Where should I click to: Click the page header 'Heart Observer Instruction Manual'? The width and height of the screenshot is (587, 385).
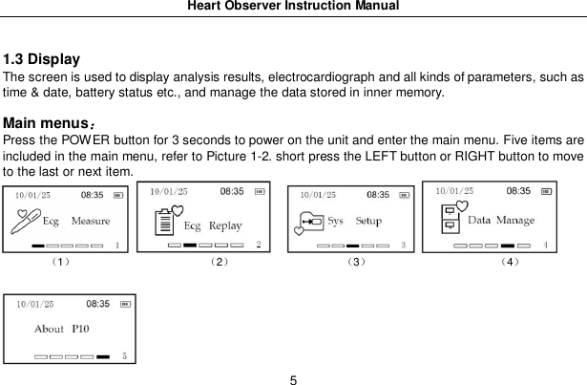click(x=293, y=7)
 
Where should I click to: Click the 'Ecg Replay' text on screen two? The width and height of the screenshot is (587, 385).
click(x=212, y=226)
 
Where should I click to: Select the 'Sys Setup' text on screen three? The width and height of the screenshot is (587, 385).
click(x=354, y=221)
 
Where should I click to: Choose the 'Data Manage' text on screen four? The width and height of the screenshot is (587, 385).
click(x=501, y=221)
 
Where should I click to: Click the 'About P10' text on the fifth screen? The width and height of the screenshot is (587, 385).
click(x=62, y=329)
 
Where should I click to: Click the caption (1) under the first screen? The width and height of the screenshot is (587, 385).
click(x=60, y=261)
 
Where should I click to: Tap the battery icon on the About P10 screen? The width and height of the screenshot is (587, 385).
click(x=116, y=305)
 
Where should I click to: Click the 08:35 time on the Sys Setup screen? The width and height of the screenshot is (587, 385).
click(x=378, y=195)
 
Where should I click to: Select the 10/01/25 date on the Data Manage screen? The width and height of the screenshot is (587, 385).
click(x=456, y=191)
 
